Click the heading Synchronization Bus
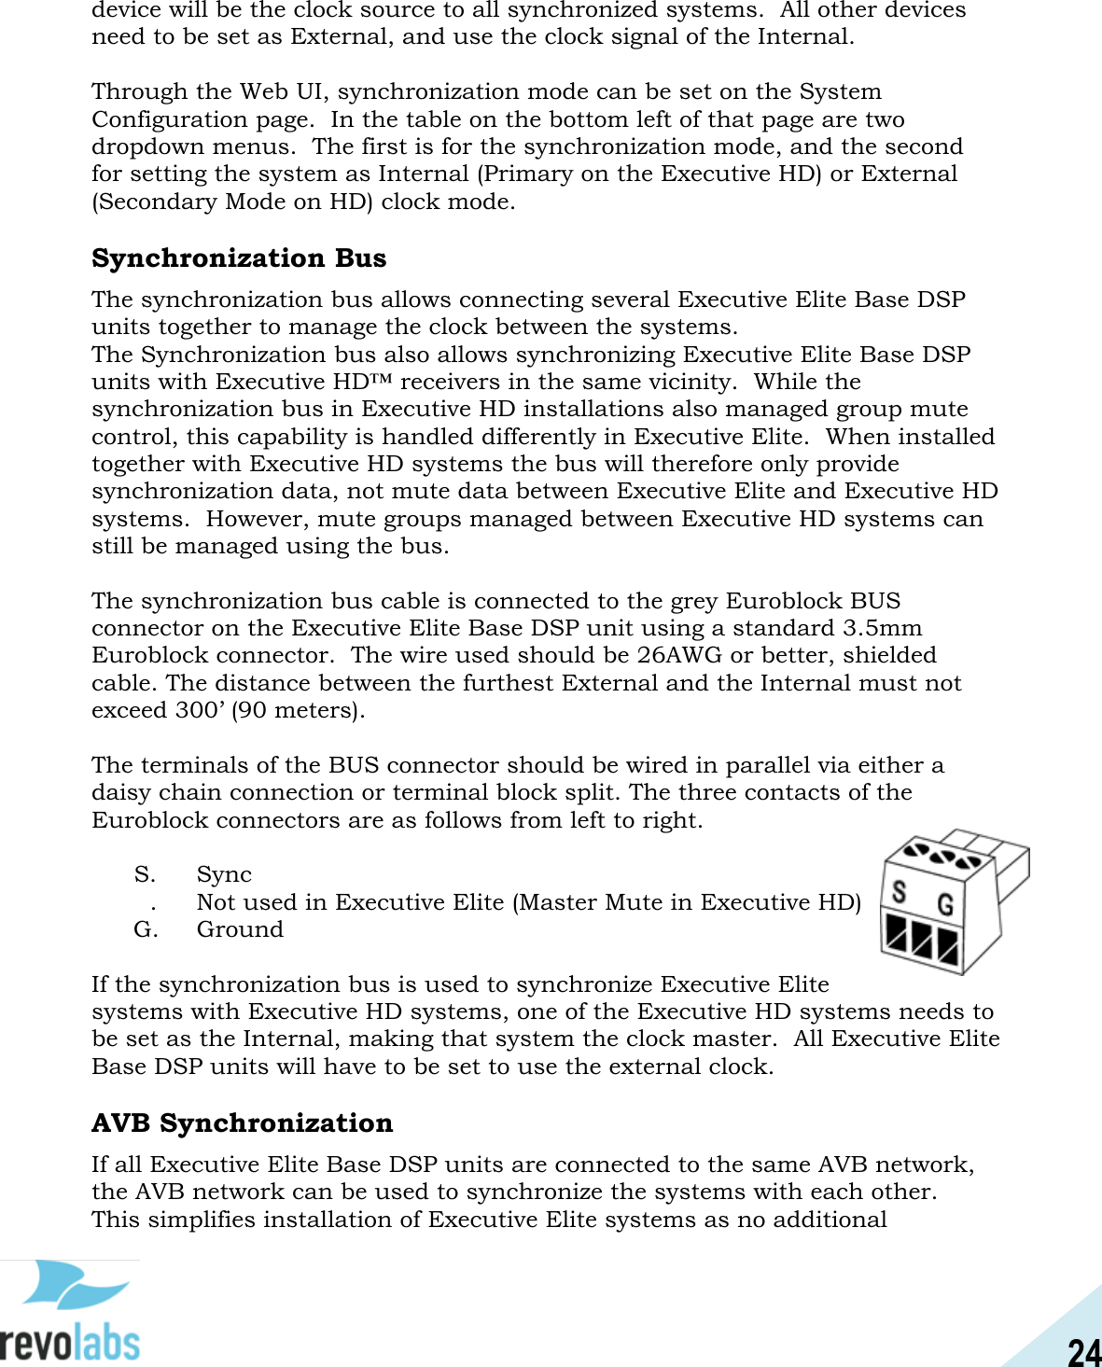239,258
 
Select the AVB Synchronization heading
242,1123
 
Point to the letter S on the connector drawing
899,892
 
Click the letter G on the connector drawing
944,904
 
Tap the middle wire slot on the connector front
923,940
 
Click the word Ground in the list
240,929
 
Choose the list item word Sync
224,874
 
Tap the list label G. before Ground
145,929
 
